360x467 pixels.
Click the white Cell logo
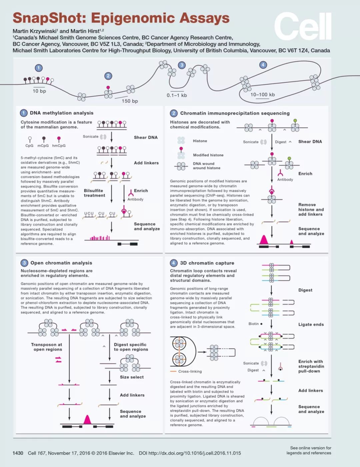303,26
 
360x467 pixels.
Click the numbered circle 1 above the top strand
39,68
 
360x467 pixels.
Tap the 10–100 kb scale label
262,95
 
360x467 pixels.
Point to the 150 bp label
130,101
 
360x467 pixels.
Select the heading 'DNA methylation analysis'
62,113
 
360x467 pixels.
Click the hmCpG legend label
59,146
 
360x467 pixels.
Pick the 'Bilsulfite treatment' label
94,193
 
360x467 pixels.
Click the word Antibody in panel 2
285,180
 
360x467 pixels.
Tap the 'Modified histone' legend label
208,155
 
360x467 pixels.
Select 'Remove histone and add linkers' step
311,209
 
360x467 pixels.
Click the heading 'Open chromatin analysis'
61,263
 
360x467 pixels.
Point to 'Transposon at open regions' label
46,347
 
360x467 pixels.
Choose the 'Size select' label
132,377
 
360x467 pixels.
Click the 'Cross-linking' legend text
190,371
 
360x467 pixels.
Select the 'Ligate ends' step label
311,324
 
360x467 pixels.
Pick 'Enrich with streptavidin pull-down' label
311,366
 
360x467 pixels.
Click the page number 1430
18,453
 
